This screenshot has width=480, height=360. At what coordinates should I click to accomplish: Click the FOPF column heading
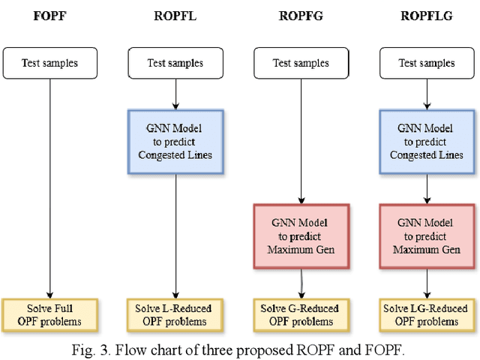pos(49,16)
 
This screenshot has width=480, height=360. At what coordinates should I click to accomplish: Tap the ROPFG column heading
pos(301,16)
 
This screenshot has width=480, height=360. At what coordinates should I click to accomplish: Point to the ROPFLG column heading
pos(427,16)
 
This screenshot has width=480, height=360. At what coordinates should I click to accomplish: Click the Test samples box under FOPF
pos(49,63)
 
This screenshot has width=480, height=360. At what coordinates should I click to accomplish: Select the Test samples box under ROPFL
pos(175,63)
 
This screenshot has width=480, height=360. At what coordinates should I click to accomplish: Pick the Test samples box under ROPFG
pos(301,63)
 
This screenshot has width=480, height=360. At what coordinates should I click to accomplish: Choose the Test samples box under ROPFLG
pos(427,63)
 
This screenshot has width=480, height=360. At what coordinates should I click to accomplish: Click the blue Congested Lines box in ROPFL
pos(175,142)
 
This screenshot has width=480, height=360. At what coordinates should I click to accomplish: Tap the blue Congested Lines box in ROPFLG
pos(427,142)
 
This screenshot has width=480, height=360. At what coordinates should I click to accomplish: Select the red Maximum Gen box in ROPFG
pos(301,235)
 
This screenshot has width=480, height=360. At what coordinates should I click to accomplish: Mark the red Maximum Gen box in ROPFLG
pos(427,235)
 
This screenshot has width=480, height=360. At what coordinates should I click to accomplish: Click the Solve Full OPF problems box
pos(49,315)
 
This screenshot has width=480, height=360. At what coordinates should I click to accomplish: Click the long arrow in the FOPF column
pos(49,187)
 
